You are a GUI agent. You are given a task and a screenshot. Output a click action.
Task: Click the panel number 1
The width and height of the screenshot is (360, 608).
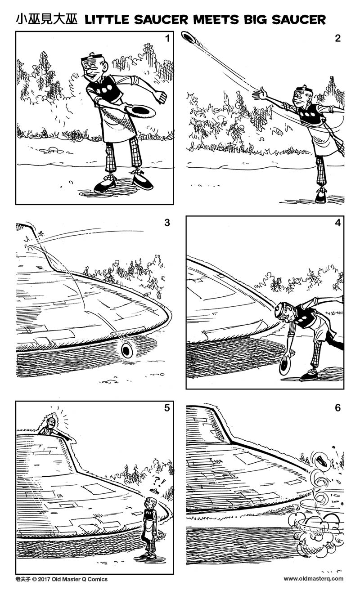point(167,39)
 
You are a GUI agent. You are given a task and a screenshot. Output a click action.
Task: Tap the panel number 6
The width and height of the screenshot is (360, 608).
point(337,408)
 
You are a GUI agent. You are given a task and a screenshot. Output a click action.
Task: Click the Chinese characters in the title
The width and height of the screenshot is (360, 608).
point(47,19)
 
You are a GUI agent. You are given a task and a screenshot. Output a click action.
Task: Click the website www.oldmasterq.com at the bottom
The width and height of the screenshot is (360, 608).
point(313,579)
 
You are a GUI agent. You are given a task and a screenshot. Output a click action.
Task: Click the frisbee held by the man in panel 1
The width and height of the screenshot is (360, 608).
point(141,111)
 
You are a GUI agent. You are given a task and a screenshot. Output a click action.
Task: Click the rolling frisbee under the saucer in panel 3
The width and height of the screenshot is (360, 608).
point(127,349)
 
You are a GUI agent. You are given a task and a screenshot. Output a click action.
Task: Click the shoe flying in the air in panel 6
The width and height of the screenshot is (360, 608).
point(323,460)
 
